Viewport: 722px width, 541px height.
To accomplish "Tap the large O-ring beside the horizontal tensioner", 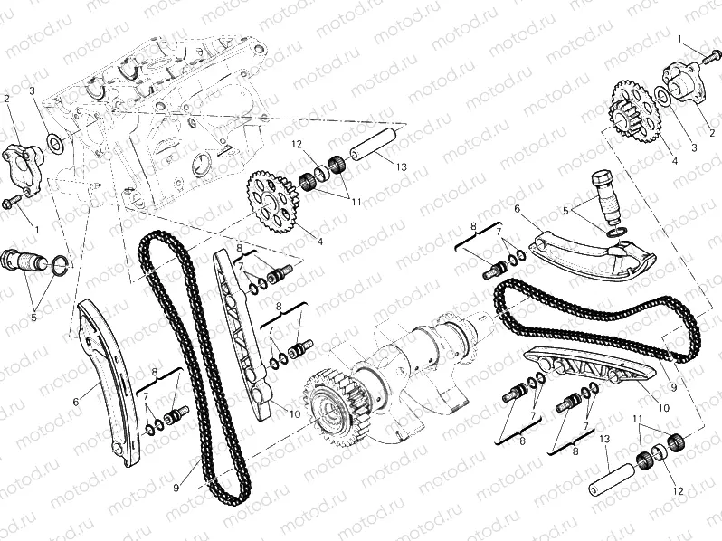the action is coord(62,264).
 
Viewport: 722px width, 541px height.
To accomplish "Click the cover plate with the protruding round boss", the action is coord(683,82).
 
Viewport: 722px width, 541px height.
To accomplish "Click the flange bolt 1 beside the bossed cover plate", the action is coord(710,57).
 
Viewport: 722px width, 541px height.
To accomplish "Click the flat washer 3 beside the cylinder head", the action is coord(54,143).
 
